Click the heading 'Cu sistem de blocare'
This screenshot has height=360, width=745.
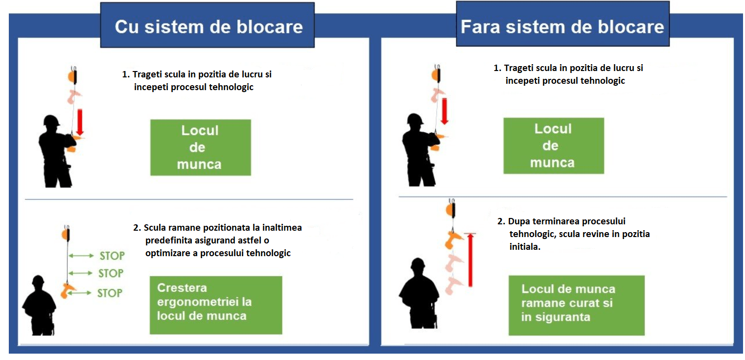208,26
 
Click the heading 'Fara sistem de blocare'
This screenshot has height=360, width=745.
562,26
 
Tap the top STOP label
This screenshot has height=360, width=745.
112,256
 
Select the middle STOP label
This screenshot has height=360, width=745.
111,273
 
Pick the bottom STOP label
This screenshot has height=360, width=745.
109,293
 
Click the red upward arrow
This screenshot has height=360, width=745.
470,260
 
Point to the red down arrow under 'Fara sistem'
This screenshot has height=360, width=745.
444,111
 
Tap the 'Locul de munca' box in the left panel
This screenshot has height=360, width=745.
200,147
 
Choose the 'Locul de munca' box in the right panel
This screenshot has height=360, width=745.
553,145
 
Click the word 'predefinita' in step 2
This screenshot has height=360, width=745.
169,240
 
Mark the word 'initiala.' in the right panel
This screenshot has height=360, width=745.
525,247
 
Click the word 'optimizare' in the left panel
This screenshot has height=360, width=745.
169,253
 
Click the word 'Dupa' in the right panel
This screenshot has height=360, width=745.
520,221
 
